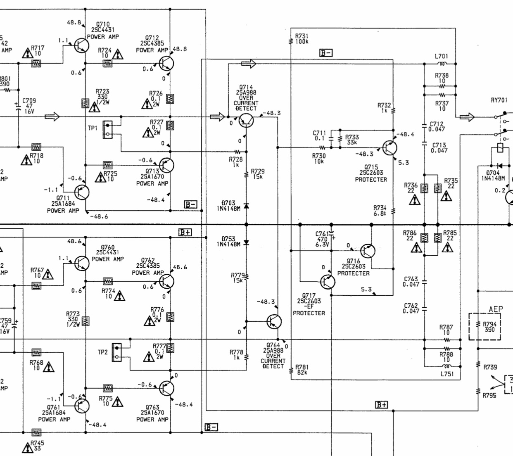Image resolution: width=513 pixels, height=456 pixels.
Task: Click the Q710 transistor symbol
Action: tap(81, 45)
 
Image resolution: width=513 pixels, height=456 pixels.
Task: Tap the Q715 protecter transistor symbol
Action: tap(389, 148)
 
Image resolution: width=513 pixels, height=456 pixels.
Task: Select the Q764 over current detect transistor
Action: tap(274, 321)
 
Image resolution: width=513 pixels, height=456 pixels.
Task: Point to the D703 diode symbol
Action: tap(247, 205)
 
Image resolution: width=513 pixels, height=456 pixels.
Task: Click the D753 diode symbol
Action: tap(247, 243)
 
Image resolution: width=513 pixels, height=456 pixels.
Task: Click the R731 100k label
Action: tap(302, 39)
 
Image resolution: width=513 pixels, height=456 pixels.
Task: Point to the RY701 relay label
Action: tap(499, 100)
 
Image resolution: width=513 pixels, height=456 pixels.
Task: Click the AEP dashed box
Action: tap(484, 326)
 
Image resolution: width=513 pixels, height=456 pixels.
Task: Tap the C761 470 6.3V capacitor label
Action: tap(322, 239)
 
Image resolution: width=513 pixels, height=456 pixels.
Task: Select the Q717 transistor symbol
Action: tap(328, 282)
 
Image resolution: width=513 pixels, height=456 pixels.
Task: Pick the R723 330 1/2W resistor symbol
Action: tap(85, 102)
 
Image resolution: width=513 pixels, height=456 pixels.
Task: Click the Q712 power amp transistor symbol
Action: tap(166, 63)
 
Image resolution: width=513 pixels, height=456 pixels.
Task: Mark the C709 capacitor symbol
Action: tap(18, 106)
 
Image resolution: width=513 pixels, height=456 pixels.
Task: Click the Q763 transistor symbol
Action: tap(166, 388)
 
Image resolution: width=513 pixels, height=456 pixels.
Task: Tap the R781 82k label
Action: tap(302, 370)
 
